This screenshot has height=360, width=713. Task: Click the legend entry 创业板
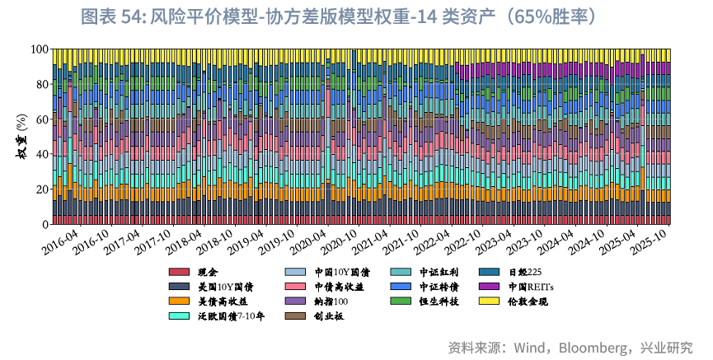click(328, 316)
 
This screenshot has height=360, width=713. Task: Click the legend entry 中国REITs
click(531, 287)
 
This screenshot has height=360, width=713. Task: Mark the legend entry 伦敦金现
click(528, 302)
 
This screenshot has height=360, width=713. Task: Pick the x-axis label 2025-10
click(653, 242)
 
